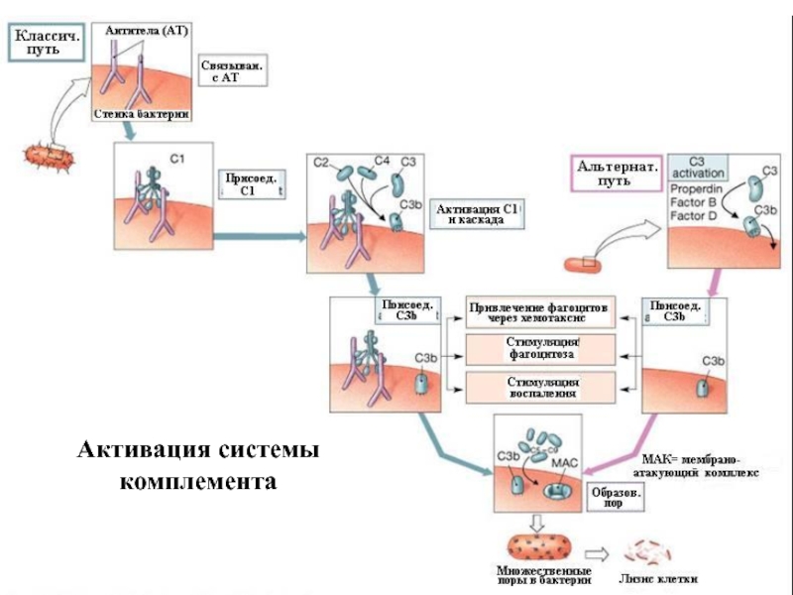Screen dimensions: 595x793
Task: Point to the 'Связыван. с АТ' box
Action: pyautogui.click(x=233, y=71)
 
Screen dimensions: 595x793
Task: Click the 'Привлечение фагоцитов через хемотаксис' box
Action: pyautogui.click(x=541, y=310)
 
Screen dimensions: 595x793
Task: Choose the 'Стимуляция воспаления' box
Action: pyautogui.click(x=541, y=388)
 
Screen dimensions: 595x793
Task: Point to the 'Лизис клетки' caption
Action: pyautogui.click(x=657, y=578)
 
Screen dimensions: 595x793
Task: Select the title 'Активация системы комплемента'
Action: pyautogui.click(x=199, y=466)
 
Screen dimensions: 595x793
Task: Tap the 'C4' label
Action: pyautogui.click(x=382, y=159)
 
